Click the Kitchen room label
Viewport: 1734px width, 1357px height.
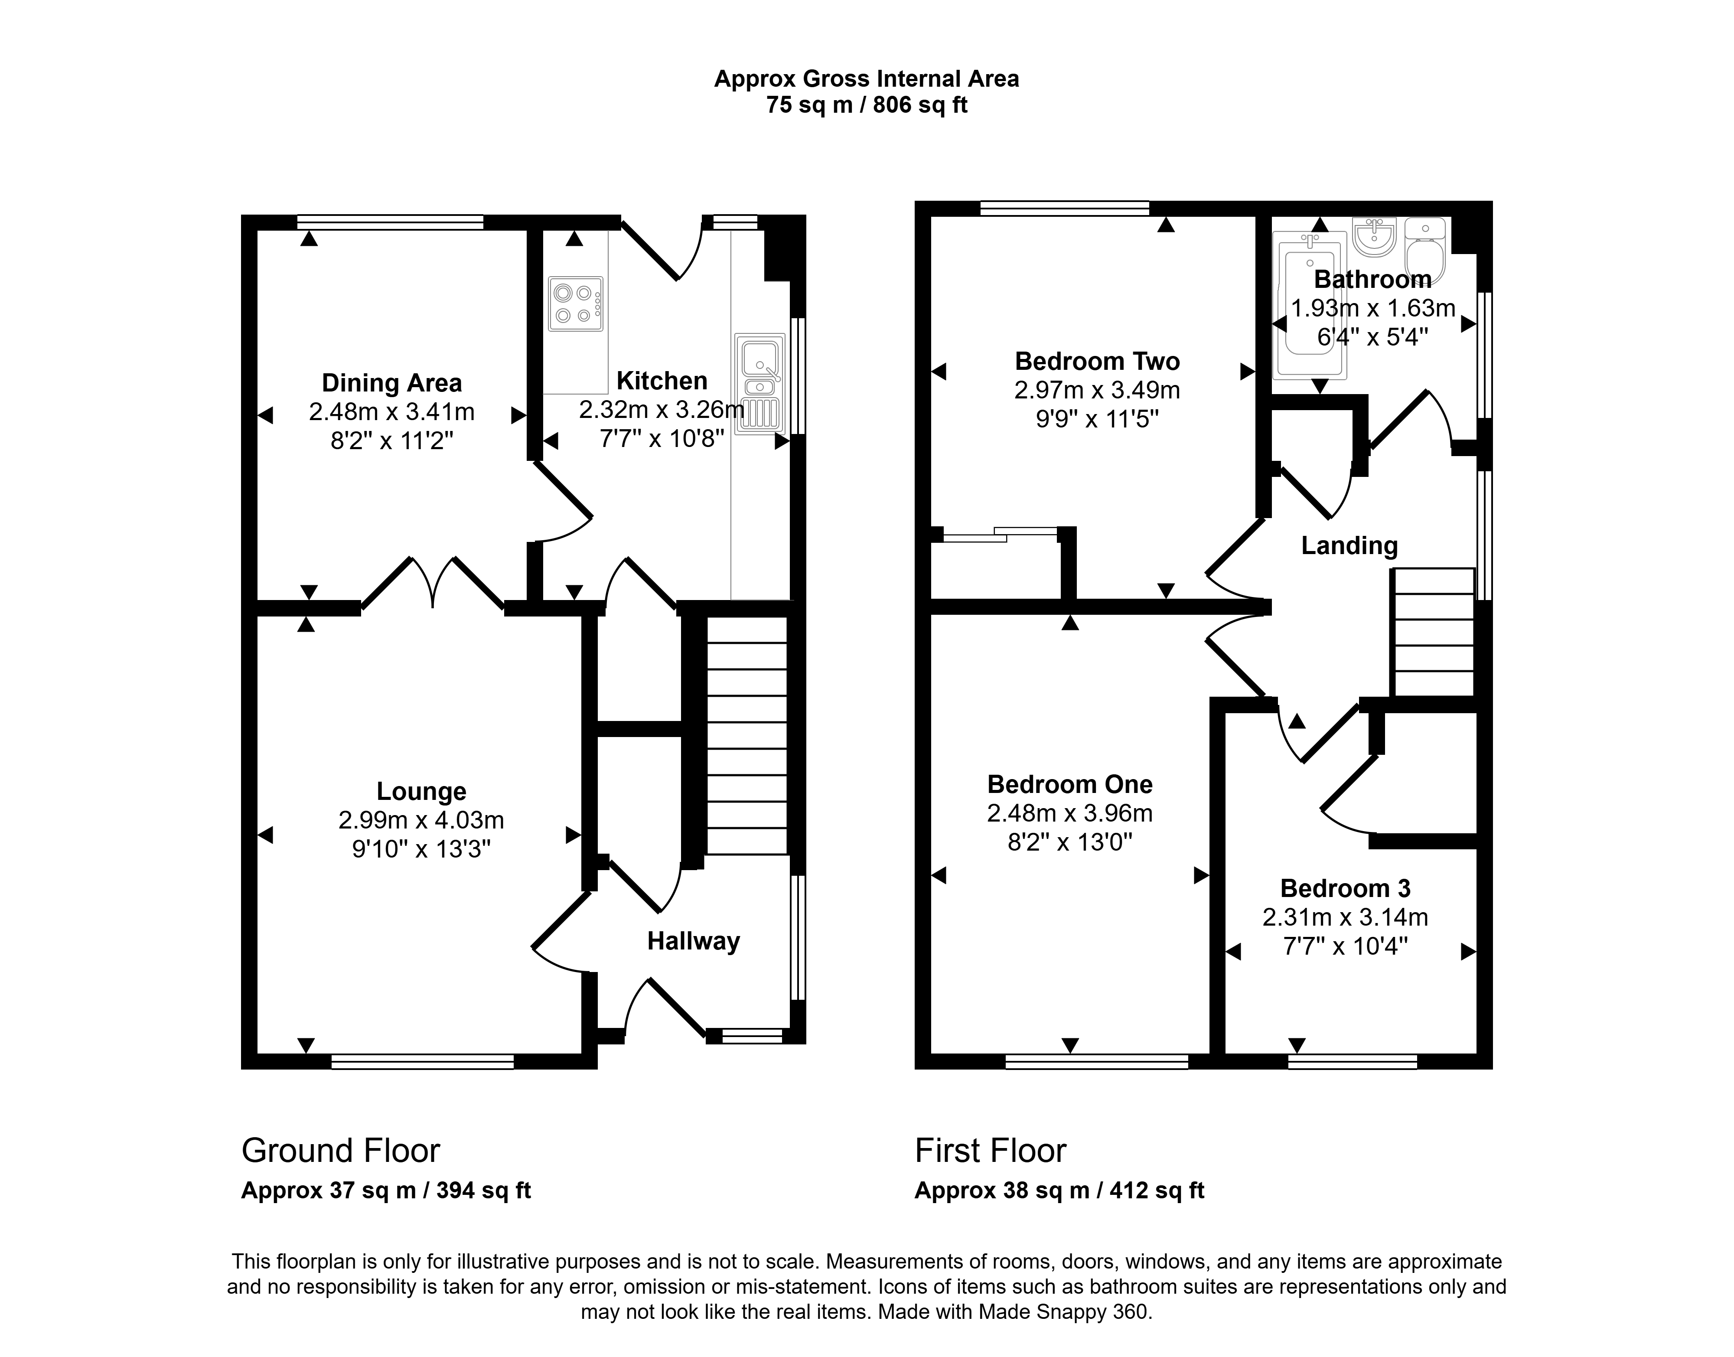point(662,382)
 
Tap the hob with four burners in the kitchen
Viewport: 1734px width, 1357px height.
point(576,303)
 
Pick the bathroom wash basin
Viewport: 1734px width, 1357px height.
point(1374,237)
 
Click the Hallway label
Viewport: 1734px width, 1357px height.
point(694,942)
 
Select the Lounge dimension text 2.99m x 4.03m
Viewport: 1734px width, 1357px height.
point(421,820)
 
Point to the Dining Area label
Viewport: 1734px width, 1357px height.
point(391,383)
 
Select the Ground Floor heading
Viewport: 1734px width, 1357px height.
point(341,1151)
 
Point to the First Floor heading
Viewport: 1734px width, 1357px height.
point(991,1151)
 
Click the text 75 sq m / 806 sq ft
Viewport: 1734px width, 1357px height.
point(867,105)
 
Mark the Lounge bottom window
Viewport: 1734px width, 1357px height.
point(423,1061)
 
